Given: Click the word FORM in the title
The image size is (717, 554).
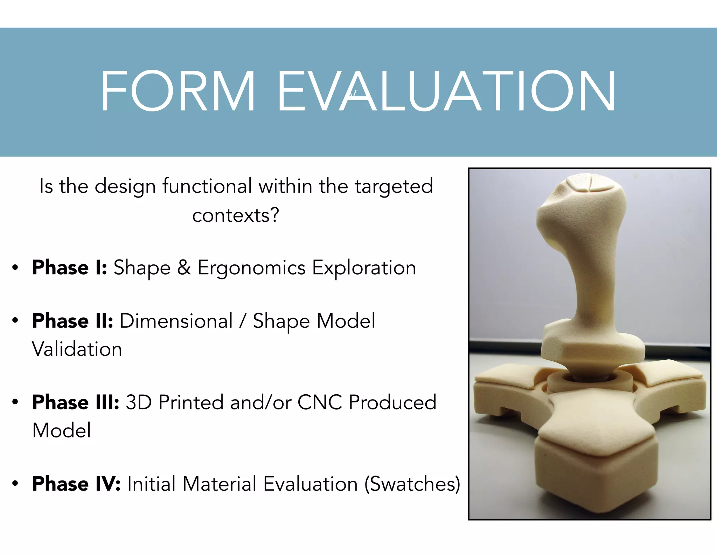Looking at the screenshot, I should (x=178, y=91).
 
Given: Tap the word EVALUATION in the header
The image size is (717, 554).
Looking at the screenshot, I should (x=446, y=91).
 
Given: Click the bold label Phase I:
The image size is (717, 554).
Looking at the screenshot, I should (x=69, y=268).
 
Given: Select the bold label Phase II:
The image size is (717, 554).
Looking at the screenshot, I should (x=72, y=321).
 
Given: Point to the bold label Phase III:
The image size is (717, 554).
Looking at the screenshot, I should (x=76, y=402).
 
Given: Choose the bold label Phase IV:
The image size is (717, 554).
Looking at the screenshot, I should (x=76, y=484).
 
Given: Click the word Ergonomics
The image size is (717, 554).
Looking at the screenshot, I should (x=251, y=268).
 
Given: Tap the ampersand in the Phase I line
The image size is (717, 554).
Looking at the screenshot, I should (x=184, y=268).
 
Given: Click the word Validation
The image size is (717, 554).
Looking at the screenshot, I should (x=77, y=349).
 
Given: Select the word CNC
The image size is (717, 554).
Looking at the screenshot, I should (x=319, y=402).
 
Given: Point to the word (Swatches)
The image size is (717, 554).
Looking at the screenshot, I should (x=412, y=484).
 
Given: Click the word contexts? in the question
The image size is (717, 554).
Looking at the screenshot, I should (x=236, y=215).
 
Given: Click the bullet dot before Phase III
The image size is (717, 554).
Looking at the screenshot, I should (x=15, y=402).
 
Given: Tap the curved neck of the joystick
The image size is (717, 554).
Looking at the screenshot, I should (x=592, y=280).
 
